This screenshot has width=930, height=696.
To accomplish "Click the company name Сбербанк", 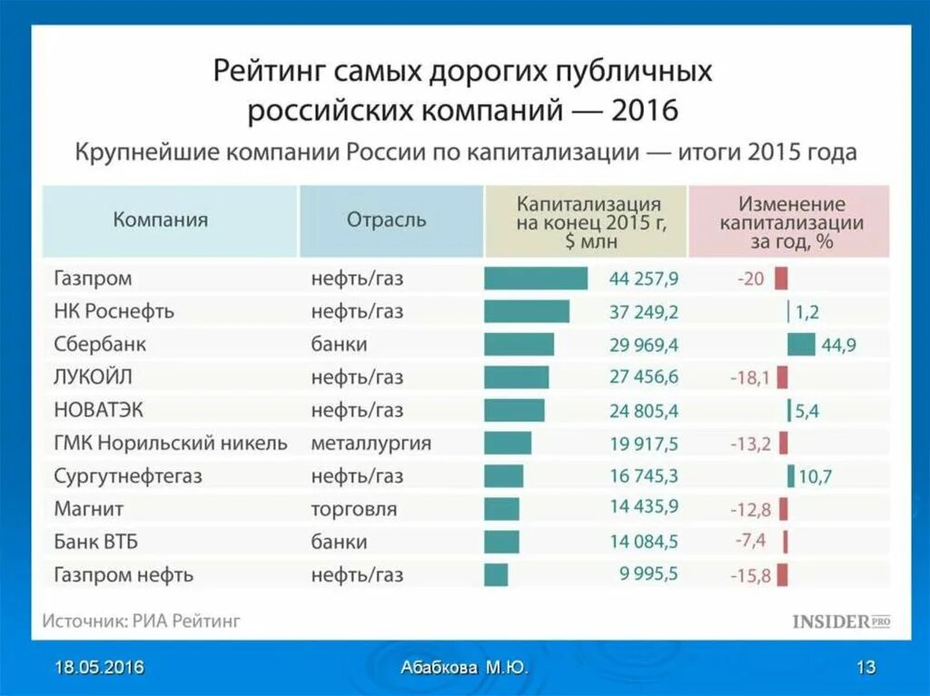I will tap(99, 344).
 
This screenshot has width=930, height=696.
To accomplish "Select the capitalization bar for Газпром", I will tap(536, 279).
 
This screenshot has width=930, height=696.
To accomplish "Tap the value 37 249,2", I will tap(644, 311).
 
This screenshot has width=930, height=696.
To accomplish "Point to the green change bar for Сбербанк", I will tap(801, 344).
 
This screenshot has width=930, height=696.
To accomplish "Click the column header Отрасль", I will tap(386, 220).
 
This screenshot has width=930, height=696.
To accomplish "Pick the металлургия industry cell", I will tap(371, 443).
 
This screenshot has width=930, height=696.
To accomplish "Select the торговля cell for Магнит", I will tap(353, 509).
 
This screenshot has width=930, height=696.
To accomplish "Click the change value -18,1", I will tap(749, 377).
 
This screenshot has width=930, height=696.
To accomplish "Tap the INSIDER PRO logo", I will tap(841, 622).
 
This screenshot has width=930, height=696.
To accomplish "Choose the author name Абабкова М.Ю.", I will tap(464, 668).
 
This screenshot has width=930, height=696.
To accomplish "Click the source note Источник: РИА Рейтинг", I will tap(141, 622).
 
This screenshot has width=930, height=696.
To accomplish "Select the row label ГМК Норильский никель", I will tap(171, 443).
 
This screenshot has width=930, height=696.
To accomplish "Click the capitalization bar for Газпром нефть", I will tap(496, 574).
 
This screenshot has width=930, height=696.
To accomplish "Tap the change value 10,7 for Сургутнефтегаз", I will tap(814, 475).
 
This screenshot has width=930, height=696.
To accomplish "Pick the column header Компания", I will tap(161, 220).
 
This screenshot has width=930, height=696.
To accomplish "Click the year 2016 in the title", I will tap(645, 111).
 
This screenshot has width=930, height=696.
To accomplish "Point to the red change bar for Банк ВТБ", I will tap(785, 542).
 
